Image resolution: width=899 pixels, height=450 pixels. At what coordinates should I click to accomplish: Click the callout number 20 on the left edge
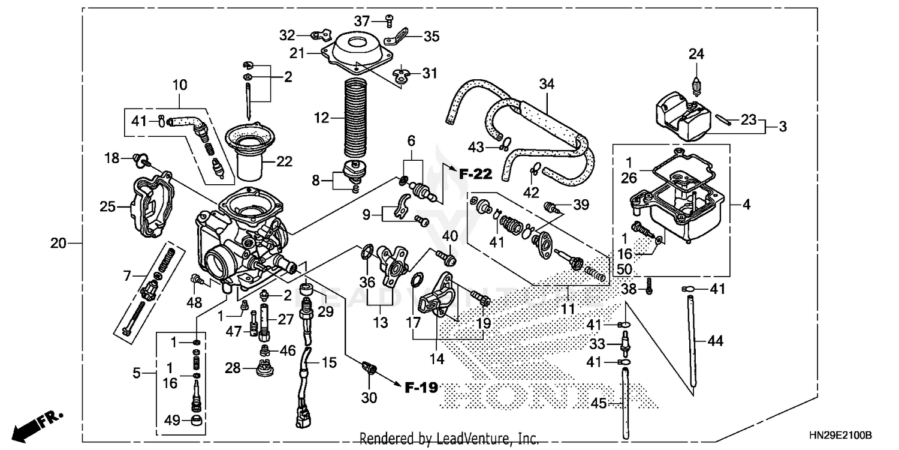tap(58, 244)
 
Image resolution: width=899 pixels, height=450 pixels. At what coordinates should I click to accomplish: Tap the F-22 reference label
tap(475, 175)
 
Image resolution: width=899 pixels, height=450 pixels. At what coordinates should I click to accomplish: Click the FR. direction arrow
tap(39, 425)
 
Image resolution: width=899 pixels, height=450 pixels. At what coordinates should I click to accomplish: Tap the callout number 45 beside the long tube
tap(599, 404)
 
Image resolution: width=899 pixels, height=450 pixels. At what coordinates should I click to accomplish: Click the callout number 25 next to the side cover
tap(108, 207)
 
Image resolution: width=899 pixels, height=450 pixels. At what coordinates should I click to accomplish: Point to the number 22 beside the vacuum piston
tap(285, 161)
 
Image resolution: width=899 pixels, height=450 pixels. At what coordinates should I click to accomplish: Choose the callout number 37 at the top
tap(361, 21)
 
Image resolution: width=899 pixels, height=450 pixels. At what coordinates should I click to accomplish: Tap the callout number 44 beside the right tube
tap(715, 341)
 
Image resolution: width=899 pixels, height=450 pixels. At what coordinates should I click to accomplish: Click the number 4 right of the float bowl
tap(746, 205)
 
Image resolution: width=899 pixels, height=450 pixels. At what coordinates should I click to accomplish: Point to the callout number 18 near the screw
tap(112, 158)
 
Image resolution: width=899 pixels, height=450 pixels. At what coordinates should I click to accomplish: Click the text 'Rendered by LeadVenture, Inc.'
tap(449, 439)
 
